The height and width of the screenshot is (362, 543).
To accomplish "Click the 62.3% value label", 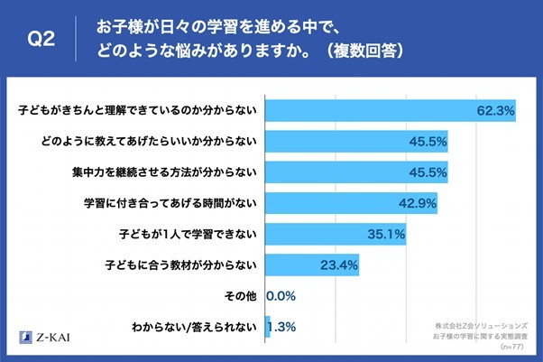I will (495, 111).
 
